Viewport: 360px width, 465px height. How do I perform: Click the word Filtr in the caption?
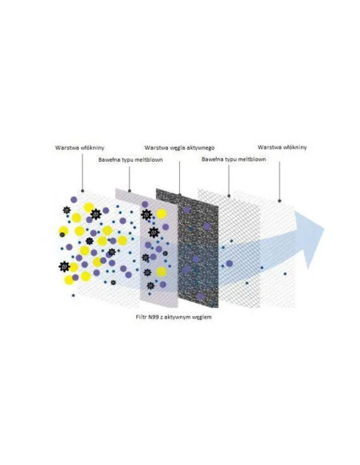click(x=140, y=317)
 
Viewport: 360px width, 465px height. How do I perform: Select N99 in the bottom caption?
click(x=153, y=317)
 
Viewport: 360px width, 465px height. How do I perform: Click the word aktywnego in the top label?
click(x=202, y=147)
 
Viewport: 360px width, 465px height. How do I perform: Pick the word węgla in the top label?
click(x=178, y=147)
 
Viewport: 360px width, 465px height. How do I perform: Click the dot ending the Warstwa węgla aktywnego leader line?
click(x=179, y=195)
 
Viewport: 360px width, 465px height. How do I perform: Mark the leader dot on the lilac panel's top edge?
click(x=129, y=190)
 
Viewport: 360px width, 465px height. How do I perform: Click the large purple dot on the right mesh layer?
click(x=229, y=263)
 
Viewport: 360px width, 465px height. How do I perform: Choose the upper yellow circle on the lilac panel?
click(x=162, y=214)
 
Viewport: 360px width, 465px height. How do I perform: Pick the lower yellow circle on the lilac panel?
click(x=162, y=272)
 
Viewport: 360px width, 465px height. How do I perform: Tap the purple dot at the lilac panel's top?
click(x=145, y=204)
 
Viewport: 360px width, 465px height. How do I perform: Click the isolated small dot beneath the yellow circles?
click(x=73, y=295)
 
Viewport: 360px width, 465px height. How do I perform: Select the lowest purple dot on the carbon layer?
click(x=201, y=296)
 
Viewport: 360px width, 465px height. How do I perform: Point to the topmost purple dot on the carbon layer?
click(x=186, y=210)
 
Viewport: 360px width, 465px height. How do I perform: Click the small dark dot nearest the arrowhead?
click(x=285, y=274)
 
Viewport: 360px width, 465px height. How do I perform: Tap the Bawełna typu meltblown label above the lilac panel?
click(x=131, y=160)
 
